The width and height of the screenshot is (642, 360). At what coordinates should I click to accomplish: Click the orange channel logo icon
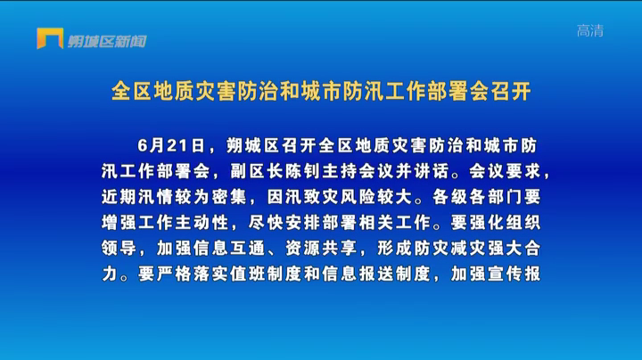(x=50, y=38)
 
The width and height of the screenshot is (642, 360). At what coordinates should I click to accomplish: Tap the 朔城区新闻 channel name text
(x=107, y=41)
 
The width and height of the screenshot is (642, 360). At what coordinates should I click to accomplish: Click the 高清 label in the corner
(x=590, y=30)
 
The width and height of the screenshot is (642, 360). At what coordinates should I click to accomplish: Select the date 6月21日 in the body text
(x=171, y=145)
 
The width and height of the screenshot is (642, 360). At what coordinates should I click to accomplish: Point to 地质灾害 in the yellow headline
(x=195, y=91)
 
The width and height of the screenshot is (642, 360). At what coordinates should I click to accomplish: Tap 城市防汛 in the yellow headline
(x=342, y=91)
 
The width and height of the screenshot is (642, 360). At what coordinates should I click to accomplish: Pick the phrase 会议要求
(x=506, y=171)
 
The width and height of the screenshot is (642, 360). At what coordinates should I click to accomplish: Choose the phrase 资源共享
(x=321, y=249)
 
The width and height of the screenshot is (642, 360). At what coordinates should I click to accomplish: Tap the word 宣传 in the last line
(x=506, y=274)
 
